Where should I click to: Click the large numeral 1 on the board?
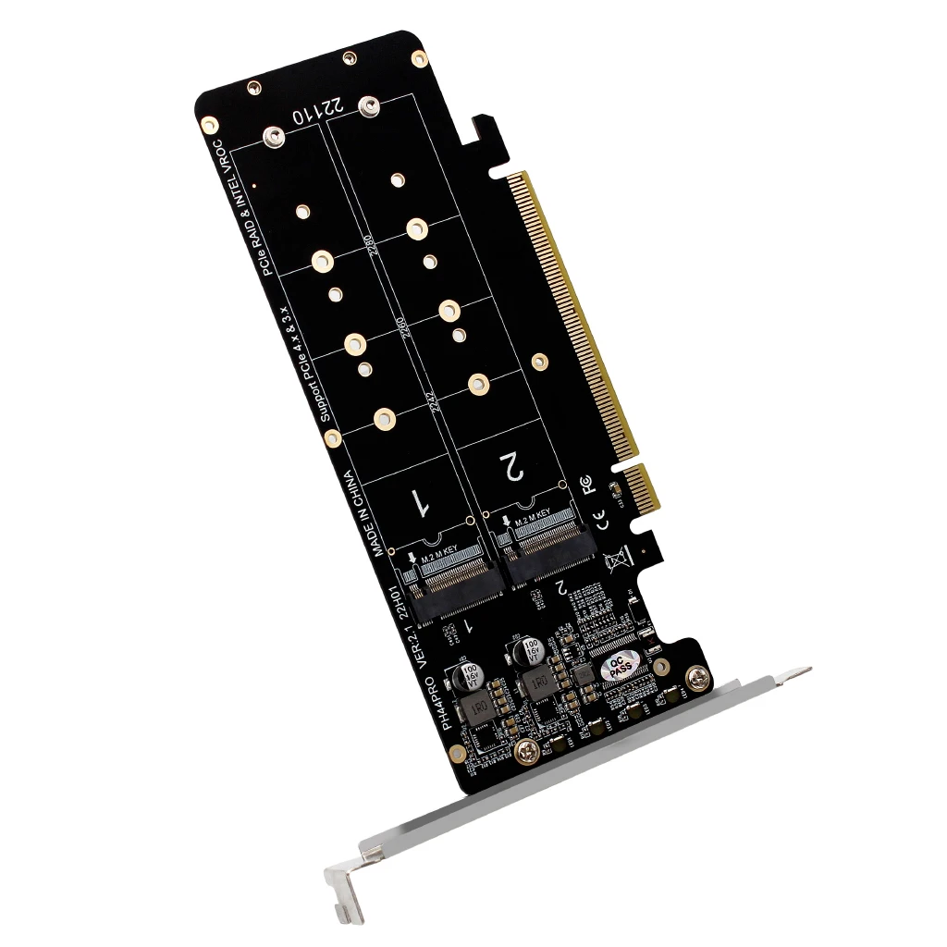tap(419, 502)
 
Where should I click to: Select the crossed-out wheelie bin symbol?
tap(615, 560)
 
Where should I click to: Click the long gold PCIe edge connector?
tap(574, 314)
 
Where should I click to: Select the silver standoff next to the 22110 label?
tap(370, 107)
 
